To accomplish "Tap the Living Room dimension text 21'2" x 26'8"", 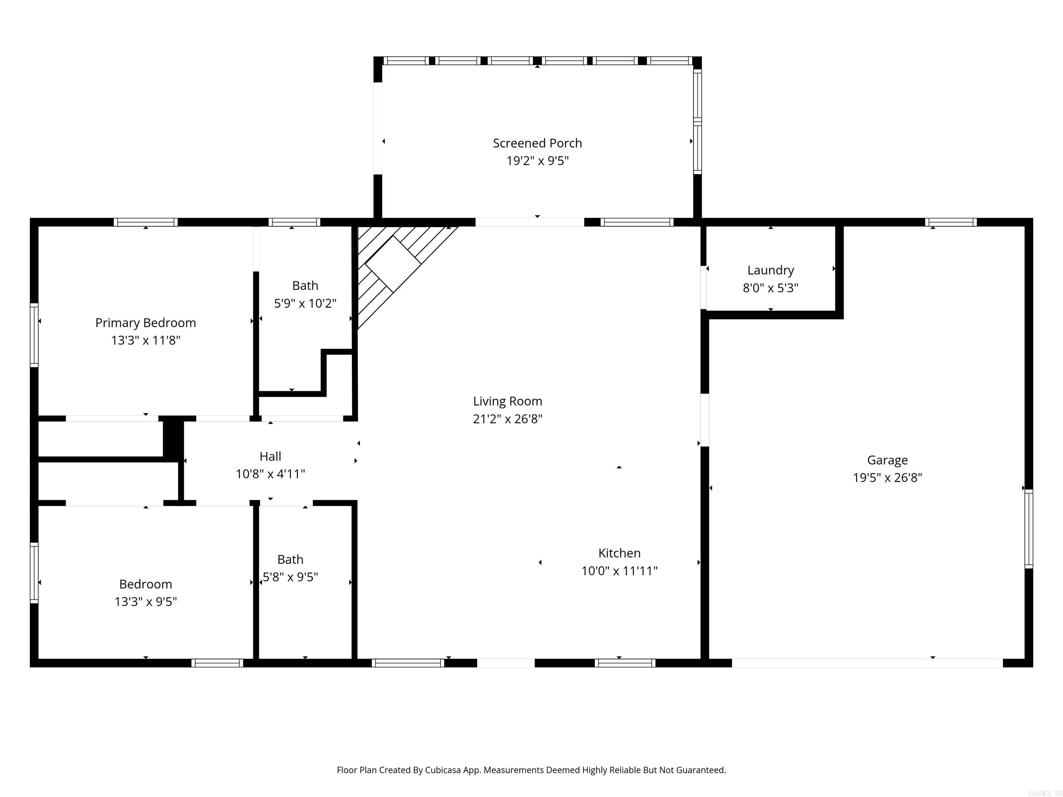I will [x=508, y=419].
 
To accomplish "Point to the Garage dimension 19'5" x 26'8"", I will [x=887, y=477].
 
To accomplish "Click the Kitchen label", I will [x=619, y=553].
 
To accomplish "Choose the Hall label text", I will [x=270, y=456].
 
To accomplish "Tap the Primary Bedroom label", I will [x=146, y=323].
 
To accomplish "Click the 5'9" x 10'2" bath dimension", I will [x=305, y=303].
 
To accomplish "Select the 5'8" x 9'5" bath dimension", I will [x=290, y=577].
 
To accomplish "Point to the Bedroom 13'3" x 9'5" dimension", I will [x=146, y=602].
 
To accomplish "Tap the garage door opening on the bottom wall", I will [x=867, y=663].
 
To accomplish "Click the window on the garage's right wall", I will [x=1028, y=529].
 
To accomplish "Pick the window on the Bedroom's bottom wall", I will [x=217, y=663].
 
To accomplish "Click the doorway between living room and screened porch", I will [x=529, y=222].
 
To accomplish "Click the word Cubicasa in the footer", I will [x=443, y=770].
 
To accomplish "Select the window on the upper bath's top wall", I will [x=294, y=222].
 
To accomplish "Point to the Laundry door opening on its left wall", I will [x=703, y=287].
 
